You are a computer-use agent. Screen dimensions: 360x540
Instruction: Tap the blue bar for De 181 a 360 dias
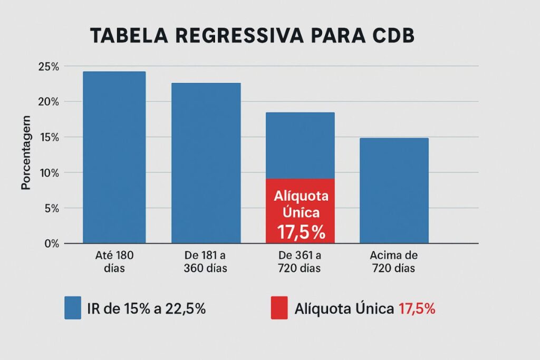click(206, 163)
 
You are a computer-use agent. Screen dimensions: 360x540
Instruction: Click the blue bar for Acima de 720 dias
click(393, 190)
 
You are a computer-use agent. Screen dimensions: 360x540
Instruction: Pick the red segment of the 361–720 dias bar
click(300, 211)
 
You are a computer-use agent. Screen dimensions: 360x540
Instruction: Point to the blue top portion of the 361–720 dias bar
click(300, 145)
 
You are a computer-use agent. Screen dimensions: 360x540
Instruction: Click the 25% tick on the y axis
click(49, 66)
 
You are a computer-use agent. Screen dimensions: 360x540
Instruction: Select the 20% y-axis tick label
click(49, 102)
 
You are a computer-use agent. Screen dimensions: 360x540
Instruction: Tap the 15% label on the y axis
click(49, 137)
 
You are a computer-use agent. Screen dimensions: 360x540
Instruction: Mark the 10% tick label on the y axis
click(49, 173)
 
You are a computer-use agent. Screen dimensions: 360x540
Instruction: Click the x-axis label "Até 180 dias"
click(112, 261)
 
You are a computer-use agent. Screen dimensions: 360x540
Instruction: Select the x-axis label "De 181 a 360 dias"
click(206, 261)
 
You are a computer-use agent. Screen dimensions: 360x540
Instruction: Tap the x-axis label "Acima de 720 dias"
click(393, 261)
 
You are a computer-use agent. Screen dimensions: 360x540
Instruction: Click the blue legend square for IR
click(72, 308)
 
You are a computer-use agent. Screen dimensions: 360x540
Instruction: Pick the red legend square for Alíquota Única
click(279, 308)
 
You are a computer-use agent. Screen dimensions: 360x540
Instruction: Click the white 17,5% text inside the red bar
click(300, 231)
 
